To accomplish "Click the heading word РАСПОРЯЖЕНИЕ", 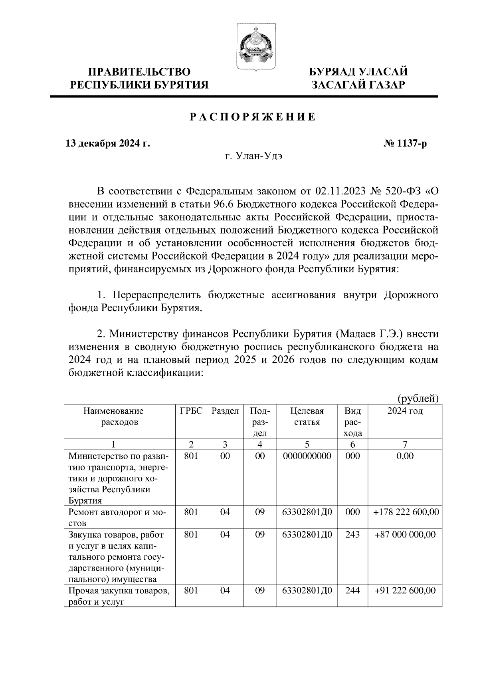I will click(x=252, y=117).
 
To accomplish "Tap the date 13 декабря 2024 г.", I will click(x=108, y=143).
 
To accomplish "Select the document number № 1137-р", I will click(x=405, y=143).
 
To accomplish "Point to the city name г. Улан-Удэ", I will click(x=253, y=157).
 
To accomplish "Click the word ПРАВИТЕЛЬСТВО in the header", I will click(x=139, y=72).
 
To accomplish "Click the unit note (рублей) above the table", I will click(x=418, y=398).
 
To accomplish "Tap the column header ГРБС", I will click(x=191, y=411).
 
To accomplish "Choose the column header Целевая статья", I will click(x=307, y=416).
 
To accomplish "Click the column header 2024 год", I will click(x=405, y=411).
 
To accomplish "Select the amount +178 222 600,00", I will click(x=406, y=512).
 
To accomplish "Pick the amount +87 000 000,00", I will click(x=406, y=534).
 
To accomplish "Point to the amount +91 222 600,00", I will click(x=406, y=591).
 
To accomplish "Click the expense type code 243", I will click(x=352, y=534).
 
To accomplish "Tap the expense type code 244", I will click(x=352, y=591).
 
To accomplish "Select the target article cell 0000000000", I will click(x=307, y=456).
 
